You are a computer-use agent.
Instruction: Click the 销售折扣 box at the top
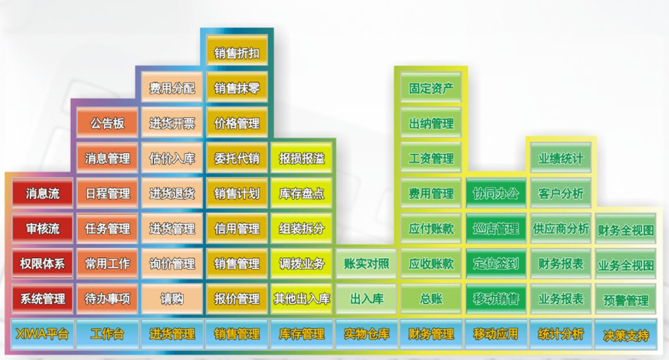(237, 53)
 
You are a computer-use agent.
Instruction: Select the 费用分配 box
(172, 88)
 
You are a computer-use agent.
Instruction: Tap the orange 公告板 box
(107, 124)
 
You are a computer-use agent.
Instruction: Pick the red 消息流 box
(42, 193)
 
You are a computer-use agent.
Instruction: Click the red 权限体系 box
(42, 264)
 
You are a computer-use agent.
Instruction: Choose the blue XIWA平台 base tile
(42, 334)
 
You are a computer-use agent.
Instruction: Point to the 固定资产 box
(431, 88)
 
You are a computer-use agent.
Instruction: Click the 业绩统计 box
(561, 158)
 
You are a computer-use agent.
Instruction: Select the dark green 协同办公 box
(496, 193)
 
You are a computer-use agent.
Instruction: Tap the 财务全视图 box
(625, 229)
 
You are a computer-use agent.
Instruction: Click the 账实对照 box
(367, 264)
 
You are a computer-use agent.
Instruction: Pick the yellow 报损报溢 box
(301, 158)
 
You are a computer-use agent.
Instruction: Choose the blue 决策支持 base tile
(625, 335)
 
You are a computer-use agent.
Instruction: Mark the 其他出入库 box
(301, 299)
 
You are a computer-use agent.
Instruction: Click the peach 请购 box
(172, 299)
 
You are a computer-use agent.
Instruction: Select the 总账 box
(431, 299)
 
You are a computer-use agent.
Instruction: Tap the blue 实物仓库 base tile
(367, 334)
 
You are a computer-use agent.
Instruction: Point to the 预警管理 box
(625, 300)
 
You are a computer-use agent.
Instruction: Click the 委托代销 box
(237, 158)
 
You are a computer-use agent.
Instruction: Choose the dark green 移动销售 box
(496, 299)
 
